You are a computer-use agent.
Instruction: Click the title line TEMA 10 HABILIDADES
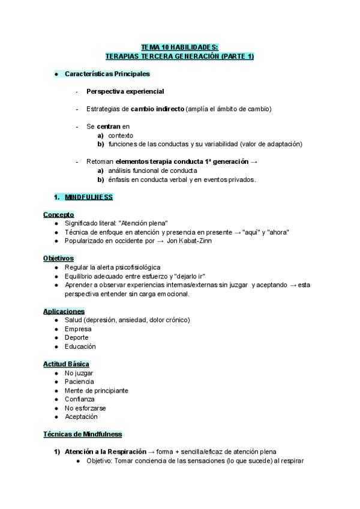tap(179, 46)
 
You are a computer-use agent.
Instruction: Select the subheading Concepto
tap(58, 214)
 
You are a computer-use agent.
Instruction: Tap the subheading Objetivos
tap(59, 258)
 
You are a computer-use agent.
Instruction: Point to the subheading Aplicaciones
tap(64, 312)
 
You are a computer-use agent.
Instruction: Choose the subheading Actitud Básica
tap(67, 364)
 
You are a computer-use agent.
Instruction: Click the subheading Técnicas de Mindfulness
tap(83, 434)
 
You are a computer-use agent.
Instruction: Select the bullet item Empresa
tap(78, 329)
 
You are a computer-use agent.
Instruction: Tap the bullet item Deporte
tap(77, 338)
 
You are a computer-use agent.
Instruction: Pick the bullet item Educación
tap(80, 347)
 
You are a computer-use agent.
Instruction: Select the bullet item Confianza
tap(80, 399)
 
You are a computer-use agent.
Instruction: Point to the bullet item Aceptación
tap(81, 417)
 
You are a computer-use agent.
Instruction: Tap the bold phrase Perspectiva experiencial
tap(125, 91)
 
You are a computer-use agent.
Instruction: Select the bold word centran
tap(109, 127)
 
